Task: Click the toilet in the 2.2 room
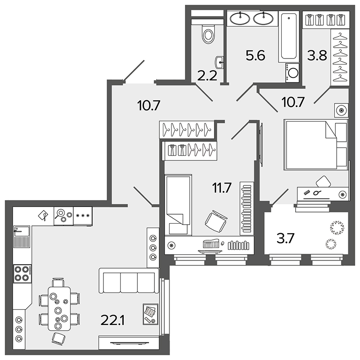[x=208, y=34]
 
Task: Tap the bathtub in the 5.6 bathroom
[x=289, y=36]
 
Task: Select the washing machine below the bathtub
[x=292, y=72]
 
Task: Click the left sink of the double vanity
[x=240, y=18]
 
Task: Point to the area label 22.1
[x=112, y=320]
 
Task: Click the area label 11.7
[x=222, y=188]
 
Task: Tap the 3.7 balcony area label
[x=285, y=238]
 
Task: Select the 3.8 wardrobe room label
[x=317, y=55]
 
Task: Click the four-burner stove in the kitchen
[x=22, y=274]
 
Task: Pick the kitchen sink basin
[x=22, y=231]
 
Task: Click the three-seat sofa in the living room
[x=129, y=280]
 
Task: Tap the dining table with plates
[x=59, y=309]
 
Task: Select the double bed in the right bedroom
[x=316, y=144]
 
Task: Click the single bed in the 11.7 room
[x=178, y=205]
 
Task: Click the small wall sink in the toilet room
[x=219, y=62]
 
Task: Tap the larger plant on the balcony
[x=337, y=228]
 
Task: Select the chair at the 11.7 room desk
[x=216, y=221]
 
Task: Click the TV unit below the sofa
[x=129, y=342]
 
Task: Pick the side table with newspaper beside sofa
[x=150, y=314]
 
